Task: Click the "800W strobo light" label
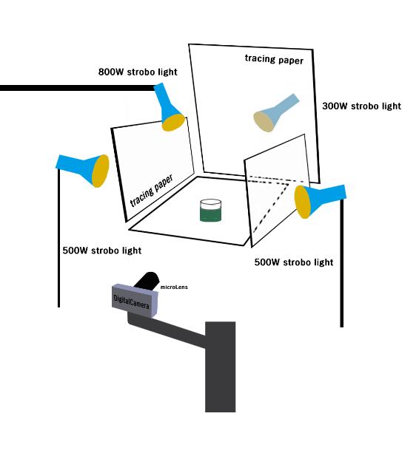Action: pos(138,72)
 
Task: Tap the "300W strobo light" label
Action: pos(362,106)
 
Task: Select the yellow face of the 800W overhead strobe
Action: pos(173,123)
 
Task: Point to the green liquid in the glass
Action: pos(211,214)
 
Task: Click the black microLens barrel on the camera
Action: pos(147,280)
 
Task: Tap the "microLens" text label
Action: pos(174,287)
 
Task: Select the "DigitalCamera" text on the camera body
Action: pos(131,302)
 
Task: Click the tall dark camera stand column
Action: pos(220,367)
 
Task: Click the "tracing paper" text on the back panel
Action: pos(274,59)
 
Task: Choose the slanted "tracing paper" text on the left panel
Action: pos(151,191)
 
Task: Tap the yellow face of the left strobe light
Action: pos(101,171)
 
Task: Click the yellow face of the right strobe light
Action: pos(303,202)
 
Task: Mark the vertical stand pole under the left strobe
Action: pos(59,237)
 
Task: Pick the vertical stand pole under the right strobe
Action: pos(342,263)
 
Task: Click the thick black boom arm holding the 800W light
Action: pos(78,88)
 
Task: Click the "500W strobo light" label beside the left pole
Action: pos(102,251)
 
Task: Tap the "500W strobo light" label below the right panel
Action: pos(294,262)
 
